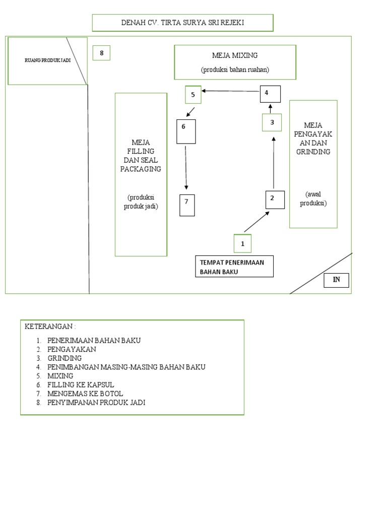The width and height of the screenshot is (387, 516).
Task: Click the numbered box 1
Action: coord(242,243)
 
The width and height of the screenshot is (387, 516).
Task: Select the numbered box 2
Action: coord(275,200)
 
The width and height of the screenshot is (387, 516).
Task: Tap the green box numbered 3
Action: coord(272,122)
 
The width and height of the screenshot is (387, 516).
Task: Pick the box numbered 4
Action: coord(270,94)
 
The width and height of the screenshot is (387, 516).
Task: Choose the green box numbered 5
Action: coord(193,95)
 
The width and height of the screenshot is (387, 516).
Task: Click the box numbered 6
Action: coord(186,132)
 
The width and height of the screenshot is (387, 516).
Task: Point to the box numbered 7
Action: coord(187,205)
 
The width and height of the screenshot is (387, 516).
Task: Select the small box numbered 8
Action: coord(101,53)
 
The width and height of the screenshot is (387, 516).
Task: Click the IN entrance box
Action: coord(336,280)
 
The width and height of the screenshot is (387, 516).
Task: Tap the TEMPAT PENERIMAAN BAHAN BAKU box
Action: coord(234,267)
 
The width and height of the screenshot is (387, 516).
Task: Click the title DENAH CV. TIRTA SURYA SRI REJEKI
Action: coord(182,23)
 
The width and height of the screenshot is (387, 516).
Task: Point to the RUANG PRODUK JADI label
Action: coord(47,60)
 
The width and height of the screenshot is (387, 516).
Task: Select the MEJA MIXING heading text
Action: coord(235,55)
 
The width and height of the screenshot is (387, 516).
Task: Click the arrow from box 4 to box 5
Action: coord(231,91)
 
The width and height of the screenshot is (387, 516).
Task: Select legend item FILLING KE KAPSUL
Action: coord(81,384)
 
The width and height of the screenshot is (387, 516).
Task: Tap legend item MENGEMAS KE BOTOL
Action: coord(85,394)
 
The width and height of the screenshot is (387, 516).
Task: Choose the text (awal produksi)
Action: coord(313,199)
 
